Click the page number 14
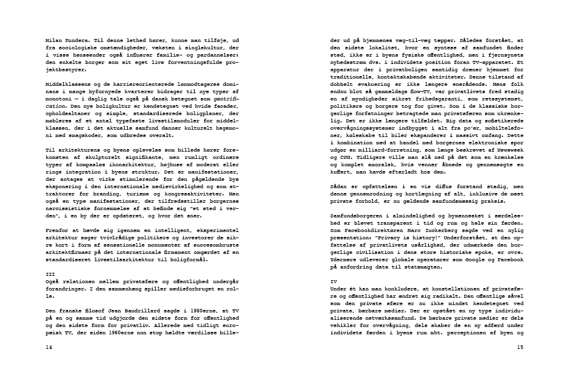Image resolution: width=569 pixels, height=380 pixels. click(49, 347)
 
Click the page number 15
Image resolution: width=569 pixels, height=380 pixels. click(520, 347)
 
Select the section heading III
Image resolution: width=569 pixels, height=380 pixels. click(50, 275)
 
